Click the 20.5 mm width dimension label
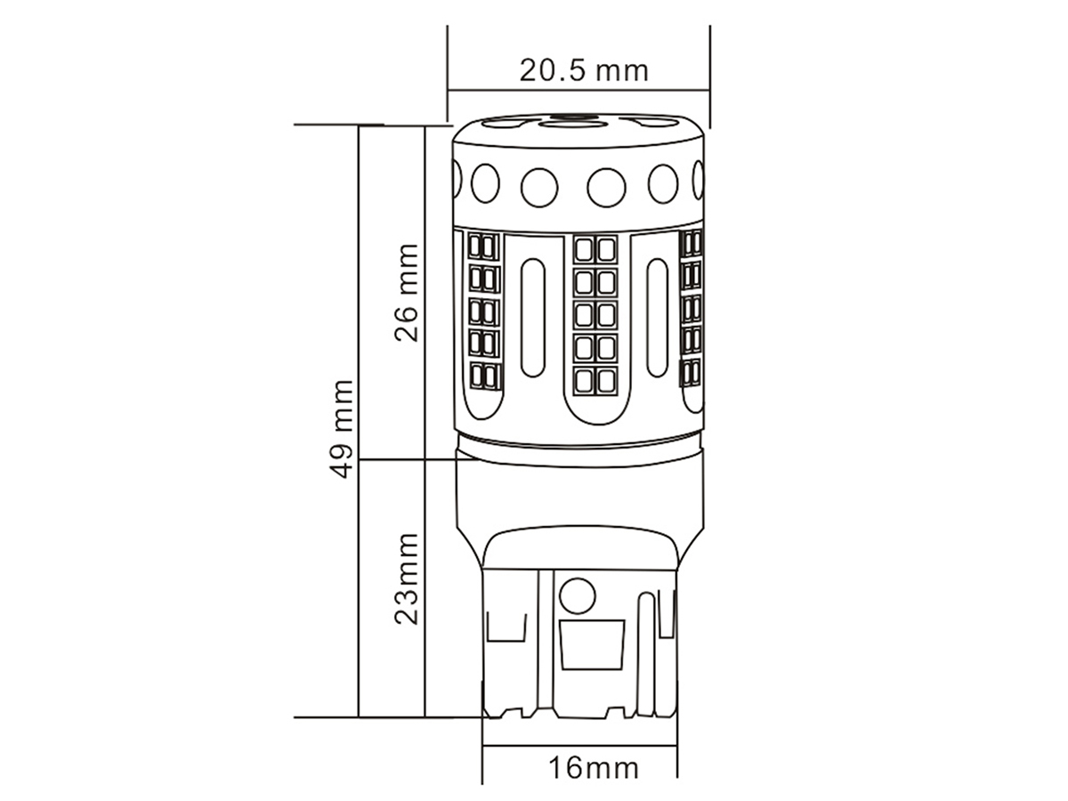[584, 70]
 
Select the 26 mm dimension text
[406, 294]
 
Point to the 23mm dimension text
[406, 578]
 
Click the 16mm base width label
[593, 768]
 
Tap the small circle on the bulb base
[578, 595]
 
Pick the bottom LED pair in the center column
[595, 381]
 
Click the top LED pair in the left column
[483, 247]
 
